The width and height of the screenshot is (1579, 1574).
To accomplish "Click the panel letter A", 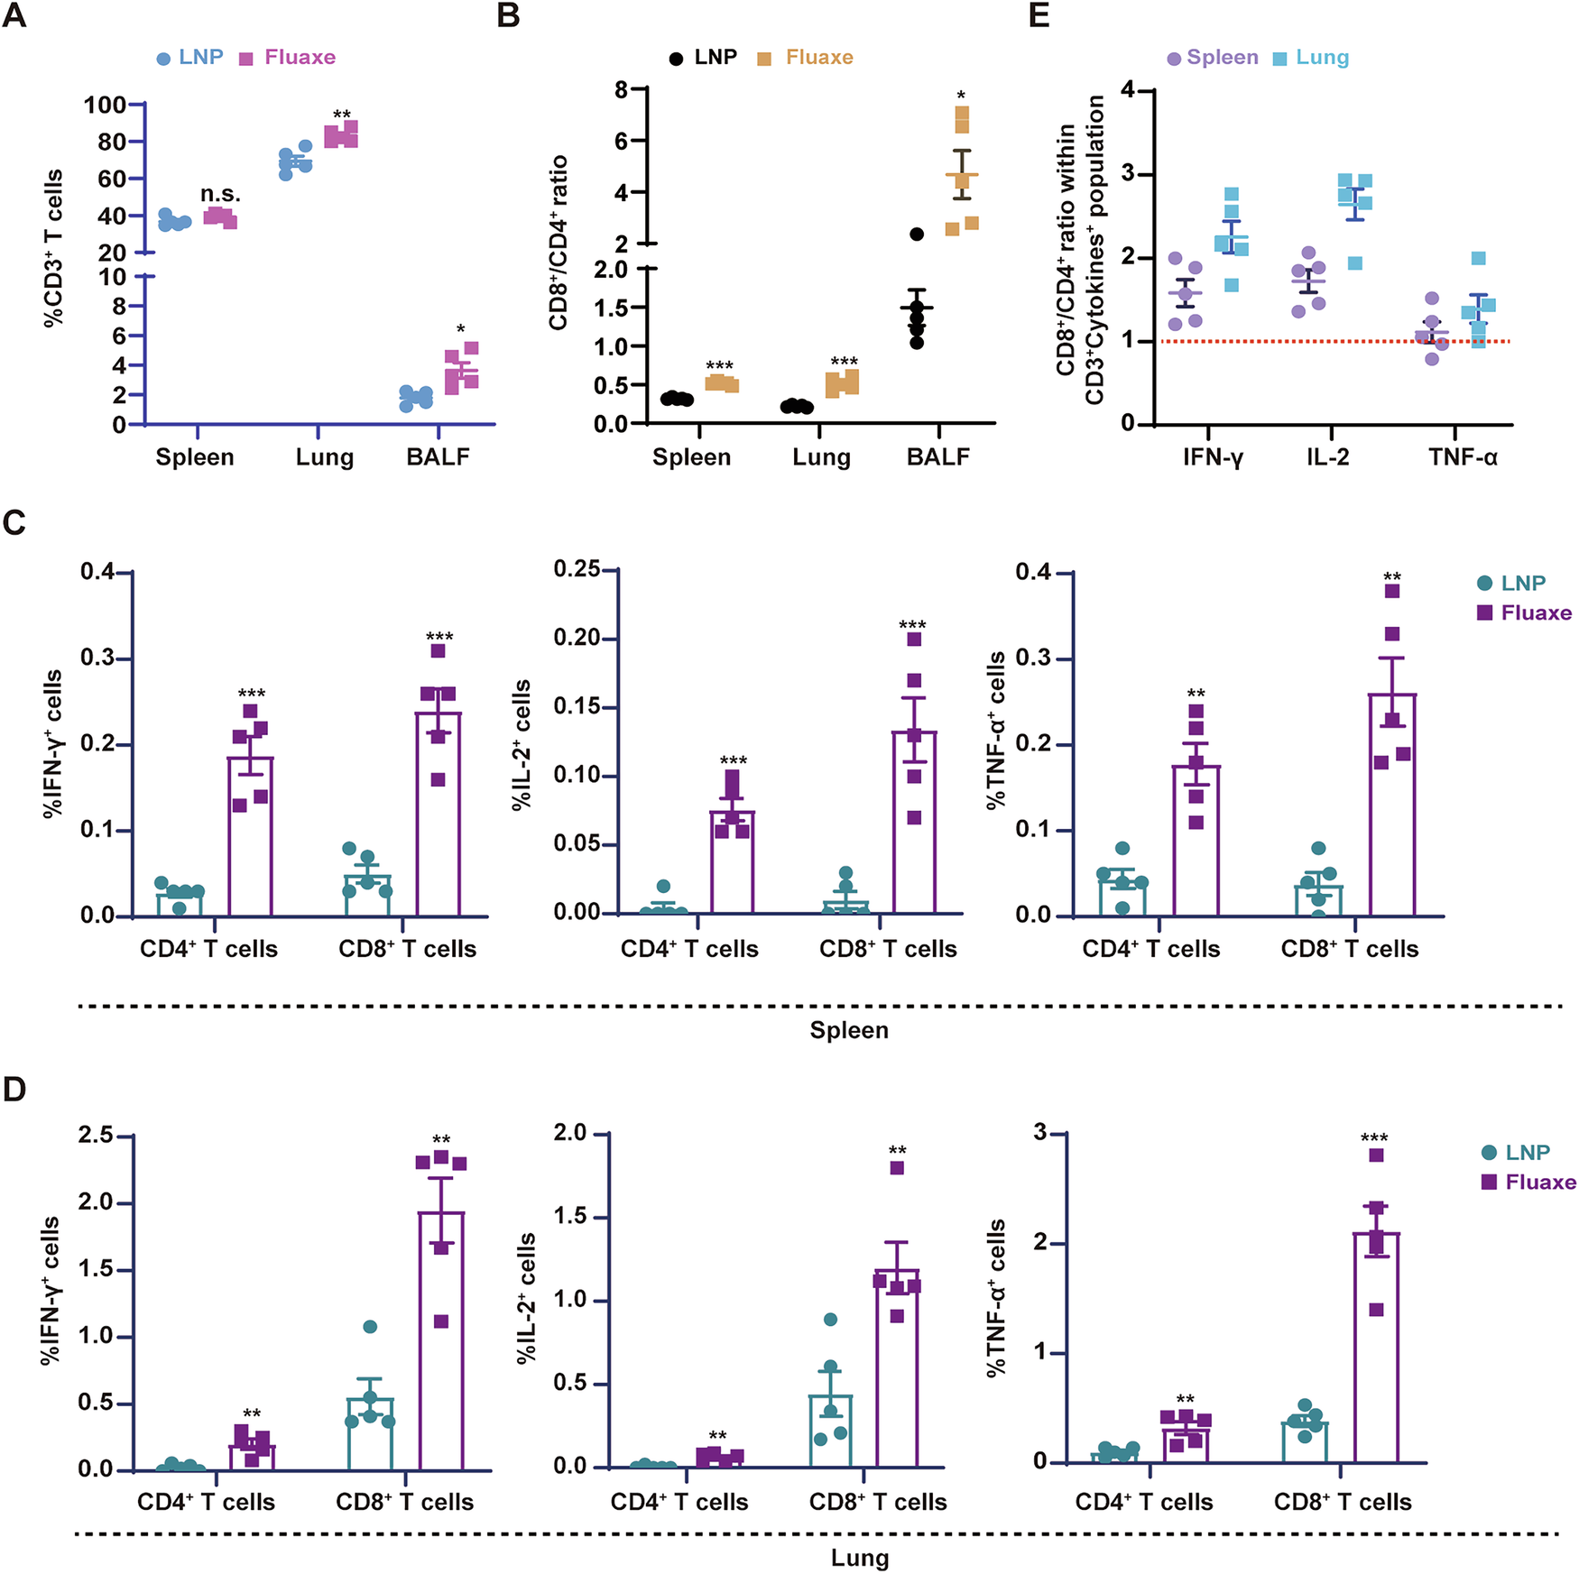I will (14, 15).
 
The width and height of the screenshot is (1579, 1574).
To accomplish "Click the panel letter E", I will (1039, 15).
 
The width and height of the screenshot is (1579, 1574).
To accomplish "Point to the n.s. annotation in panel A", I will (220, 194).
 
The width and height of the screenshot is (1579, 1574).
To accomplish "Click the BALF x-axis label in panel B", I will (938, 457).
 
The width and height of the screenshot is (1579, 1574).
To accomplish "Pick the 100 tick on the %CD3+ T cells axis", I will (106, 105).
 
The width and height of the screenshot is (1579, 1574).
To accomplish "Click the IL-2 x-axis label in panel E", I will (1328, 457).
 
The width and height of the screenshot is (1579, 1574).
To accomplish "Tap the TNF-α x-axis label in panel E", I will (1463, 457).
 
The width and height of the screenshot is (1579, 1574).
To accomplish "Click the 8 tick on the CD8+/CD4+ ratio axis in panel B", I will (622, 89).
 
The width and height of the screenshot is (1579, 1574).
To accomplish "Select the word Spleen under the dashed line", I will (849, 1030).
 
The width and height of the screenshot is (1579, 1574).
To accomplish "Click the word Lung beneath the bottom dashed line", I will (860, 1558).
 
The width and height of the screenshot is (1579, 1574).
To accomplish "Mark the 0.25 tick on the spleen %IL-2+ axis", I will (577, 569).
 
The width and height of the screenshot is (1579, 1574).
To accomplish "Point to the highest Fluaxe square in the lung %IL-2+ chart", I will (897, 1168).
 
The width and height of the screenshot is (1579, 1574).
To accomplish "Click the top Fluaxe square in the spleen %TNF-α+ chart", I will (1392, 591).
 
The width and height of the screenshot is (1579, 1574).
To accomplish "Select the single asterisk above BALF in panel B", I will (961, 96).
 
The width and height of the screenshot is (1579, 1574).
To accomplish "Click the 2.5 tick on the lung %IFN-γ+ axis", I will (96, 1135).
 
